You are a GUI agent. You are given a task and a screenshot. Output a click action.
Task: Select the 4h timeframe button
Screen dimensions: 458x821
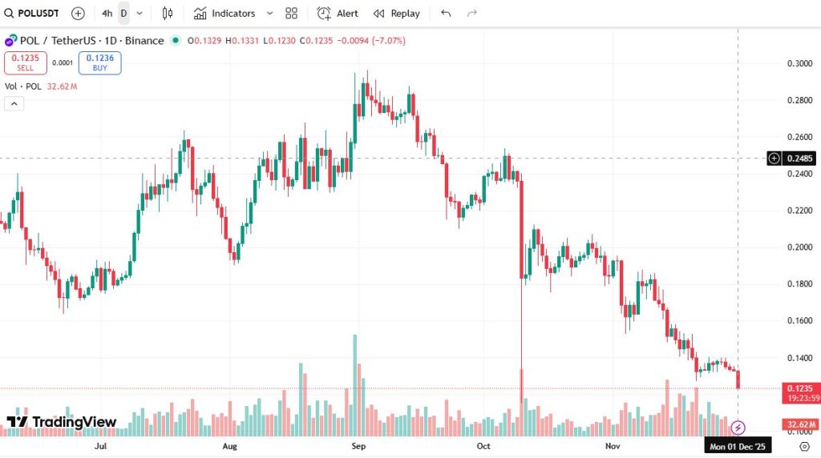click(x=107, y=14)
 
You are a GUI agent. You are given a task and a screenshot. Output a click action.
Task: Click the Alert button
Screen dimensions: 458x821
click(x=338, y=14)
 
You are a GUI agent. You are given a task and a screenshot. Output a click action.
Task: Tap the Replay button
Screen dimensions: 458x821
click(x=397, y=14)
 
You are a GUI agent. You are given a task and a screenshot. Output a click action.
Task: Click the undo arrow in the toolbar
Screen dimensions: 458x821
click(x=446, y=14)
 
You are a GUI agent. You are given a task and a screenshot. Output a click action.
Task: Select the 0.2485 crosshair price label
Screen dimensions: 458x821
click(x=799, y=159)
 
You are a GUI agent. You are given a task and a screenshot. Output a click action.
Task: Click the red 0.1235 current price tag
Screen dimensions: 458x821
click(x=799, y=388)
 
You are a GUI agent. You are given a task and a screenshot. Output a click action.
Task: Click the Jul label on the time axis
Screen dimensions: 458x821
click(x=101, y=445)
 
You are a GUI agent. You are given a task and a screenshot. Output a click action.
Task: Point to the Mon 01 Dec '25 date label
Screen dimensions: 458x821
click(x=738, y=447)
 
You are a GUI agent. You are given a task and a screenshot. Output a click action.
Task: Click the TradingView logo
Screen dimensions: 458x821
click(x=63, y=422)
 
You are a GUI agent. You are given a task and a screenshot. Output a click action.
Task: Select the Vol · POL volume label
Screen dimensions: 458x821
click(x=22, y=86)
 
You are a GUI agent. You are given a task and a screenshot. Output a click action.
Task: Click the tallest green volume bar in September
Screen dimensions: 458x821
click(x=354, y=384)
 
